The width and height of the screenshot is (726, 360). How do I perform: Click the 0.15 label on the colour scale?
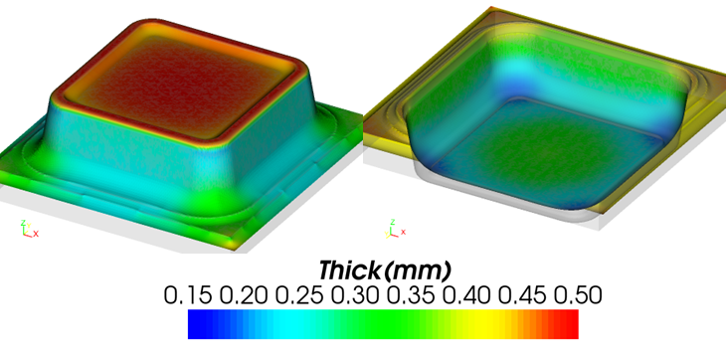point(189,294)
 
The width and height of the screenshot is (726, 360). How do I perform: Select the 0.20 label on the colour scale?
point(244,294)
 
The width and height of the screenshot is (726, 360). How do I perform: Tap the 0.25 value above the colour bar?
point(300,294)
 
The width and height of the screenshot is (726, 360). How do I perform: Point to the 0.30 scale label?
point(356,294)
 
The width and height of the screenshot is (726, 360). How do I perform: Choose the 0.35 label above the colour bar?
point(411,294)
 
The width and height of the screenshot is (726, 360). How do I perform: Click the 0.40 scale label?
point(466,294)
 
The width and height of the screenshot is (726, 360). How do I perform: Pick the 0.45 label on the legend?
point(522,294)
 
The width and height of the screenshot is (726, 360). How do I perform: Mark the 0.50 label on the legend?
point(578,294)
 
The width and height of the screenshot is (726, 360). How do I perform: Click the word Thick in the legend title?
point(349,270)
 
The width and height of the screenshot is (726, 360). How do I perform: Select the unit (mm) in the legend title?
point(417,271)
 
